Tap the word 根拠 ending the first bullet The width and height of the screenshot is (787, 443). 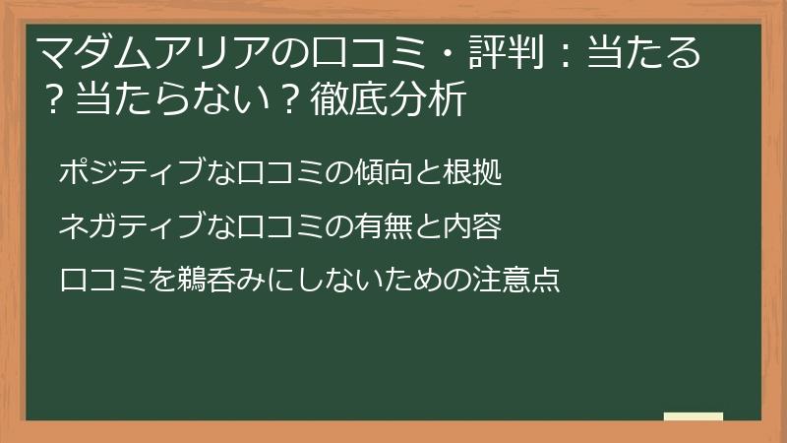(477, 173)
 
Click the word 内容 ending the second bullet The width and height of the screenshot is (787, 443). (477, 226)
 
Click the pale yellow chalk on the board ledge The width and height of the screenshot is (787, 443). (693, 416)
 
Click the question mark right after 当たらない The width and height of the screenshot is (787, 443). (284, 100)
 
